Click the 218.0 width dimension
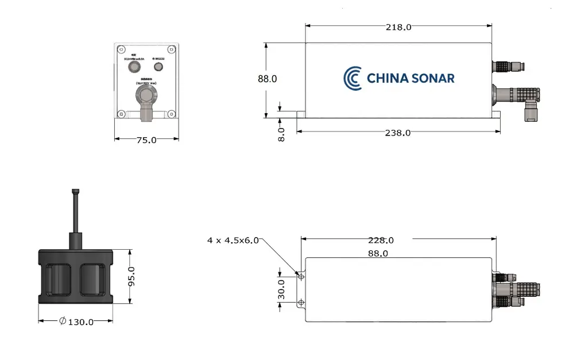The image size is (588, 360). coord(397,27)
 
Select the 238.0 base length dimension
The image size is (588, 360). coord(397,133)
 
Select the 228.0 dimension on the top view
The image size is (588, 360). coord(380,241)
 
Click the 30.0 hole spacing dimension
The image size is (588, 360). coord(281,289)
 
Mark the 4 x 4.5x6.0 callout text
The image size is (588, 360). coord(233,241)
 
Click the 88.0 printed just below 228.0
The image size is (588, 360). coord(377,253)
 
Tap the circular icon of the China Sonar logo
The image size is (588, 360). coord(352,78)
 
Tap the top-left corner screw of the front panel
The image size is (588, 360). coord(121,49)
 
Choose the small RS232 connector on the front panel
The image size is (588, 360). coord(158,67)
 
